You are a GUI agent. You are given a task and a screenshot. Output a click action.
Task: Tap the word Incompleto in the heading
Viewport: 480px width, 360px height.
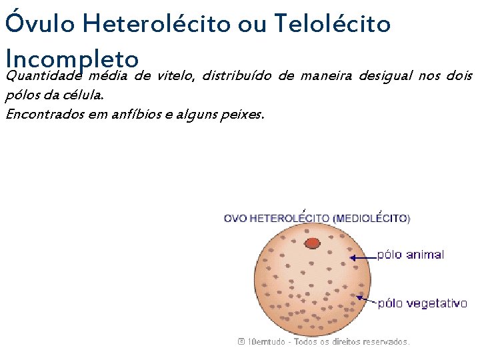pos(71,57)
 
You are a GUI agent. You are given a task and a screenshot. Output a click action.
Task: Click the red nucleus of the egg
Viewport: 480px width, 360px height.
pos(311,243)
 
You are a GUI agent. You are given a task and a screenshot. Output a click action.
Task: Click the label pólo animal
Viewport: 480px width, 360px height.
pos(411,255)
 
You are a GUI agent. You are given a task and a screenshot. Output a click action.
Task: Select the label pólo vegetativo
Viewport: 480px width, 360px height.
pos(422,303)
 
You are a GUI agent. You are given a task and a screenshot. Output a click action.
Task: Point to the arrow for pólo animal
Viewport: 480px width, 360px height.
pos(363,257)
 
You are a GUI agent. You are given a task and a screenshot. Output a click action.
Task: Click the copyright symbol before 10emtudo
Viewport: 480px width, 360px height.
pos(241,341)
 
